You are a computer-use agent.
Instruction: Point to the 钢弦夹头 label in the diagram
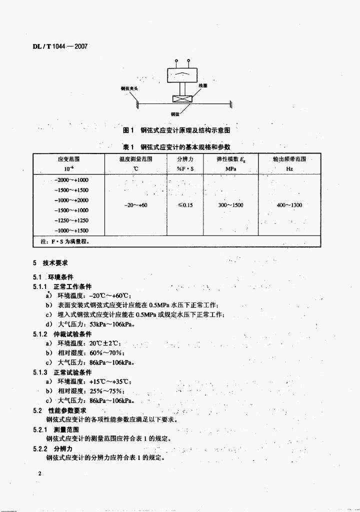(x=129, y=88)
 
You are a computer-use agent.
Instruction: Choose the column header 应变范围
(x=68, y=159)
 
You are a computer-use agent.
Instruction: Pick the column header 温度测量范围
(x=135, y=159)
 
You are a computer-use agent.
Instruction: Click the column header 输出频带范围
(x=289, y=159)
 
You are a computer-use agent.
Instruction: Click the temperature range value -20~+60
(x=135, y=205)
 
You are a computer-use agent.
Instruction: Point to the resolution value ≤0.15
(x=185, y=205)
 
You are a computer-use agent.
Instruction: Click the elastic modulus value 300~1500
(x=230, y=205)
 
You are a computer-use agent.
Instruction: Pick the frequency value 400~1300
(x=289, y=205)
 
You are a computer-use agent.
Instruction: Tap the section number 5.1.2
(x=40, y=334)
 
